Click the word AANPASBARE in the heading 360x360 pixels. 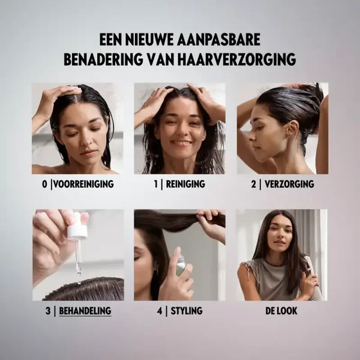pos(219,40)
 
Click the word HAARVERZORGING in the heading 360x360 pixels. pos(236,59)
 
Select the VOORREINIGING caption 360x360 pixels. pos(83,184)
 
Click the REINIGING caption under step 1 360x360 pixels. pos(185,184)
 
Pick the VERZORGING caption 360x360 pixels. pos(289,184)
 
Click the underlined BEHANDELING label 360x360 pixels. pos(85,311)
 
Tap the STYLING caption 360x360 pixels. pos(187,311)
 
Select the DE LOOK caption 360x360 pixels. pos(281,311)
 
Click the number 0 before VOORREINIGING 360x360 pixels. pos(44,184)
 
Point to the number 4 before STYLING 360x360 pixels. pos(160,311)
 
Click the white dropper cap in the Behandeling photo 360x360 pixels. pos(77,232)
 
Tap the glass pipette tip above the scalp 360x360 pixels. pos(79,271)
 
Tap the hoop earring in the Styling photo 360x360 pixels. pos(156,272)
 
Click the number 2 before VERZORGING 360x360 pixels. pos(253,184)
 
